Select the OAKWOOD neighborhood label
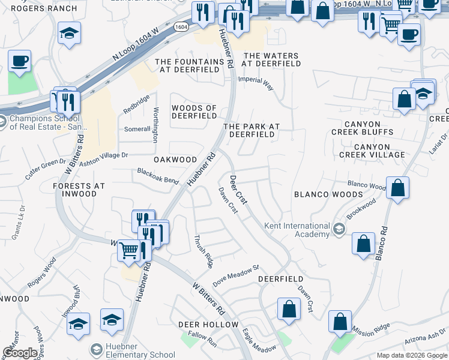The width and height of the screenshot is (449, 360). coord(175,160)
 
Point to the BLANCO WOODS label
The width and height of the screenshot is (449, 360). coord(328,194)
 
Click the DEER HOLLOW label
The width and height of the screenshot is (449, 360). coord(208,325)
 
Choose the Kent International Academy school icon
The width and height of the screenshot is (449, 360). coord(339,229)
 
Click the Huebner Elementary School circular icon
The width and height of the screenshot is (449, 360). coord(95,349)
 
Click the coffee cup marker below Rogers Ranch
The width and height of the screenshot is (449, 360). coord(19,61)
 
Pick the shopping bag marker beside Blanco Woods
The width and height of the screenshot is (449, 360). coord(397,188)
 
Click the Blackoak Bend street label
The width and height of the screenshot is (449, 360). coord(158,176)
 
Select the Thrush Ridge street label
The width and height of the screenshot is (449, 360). coord(202,251)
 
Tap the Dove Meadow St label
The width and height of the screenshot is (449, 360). coord(235,273)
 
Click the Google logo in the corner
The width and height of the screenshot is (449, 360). coord(20,353)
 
